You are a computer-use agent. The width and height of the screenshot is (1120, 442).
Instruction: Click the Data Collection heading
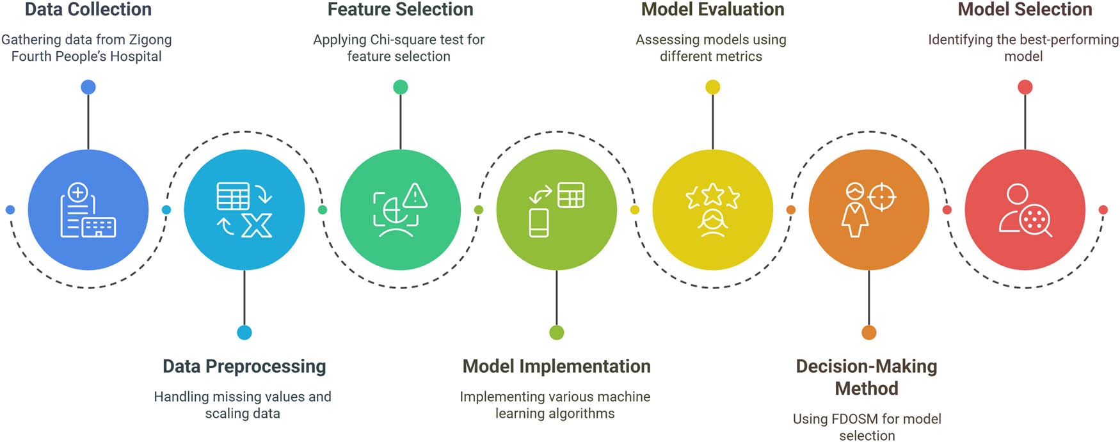[88, 10]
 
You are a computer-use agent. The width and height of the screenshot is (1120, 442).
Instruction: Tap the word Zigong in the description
[150, 40]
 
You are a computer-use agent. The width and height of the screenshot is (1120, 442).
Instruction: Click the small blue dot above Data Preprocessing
[244, 333]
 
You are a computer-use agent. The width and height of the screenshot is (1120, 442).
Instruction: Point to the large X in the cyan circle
[257, 225]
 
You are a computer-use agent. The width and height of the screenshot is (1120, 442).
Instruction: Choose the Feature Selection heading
[400, 10]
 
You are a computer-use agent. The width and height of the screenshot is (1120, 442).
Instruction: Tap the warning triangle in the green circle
[415, 196]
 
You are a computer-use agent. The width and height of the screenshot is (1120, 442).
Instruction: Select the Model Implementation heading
[556, 367]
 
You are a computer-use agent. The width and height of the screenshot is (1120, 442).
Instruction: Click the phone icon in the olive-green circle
[539, 223]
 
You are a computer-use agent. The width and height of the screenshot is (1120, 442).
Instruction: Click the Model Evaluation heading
[712, 10]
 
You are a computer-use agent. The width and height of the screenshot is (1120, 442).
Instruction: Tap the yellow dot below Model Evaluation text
[712, 87]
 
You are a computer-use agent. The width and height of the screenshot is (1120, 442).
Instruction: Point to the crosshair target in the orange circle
[882, 197]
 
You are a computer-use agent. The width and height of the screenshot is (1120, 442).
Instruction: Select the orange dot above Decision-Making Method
[868, 333]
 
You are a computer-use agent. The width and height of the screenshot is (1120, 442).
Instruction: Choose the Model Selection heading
[1025, 10]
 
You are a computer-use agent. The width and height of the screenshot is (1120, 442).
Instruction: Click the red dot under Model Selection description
[1025, 87]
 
